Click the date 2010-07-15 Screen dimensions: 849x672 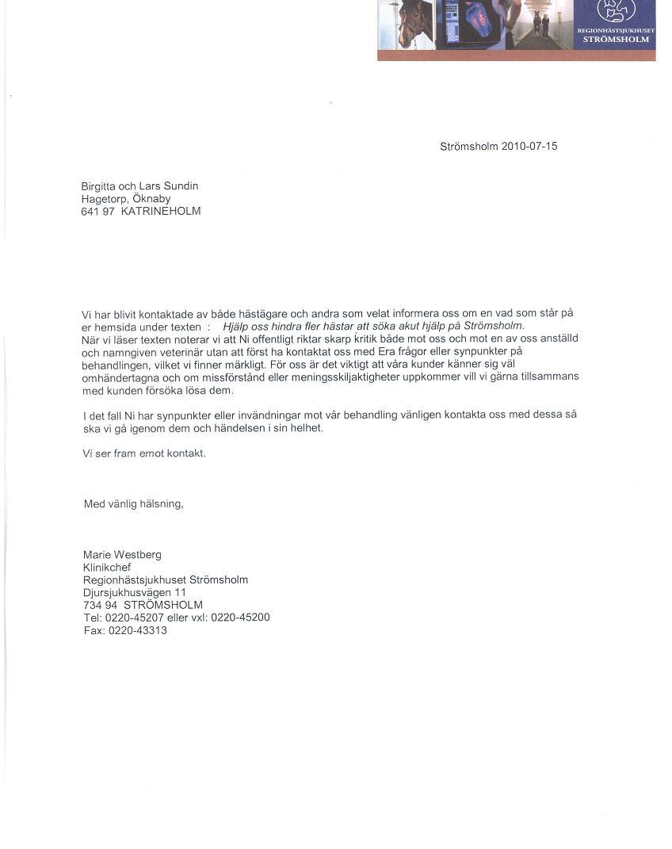coord(529,147)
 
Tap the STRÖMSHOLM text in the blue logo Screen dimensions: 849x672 coord(616,39)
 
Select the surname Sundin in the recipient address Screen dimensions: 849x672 coord(181,186)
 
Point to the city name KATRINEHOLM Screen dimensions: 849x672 coord(161,212)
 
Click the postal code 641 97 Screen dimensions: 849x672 coord(98,212)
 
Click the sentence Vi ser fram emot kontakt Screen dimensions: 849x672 coord(144,453)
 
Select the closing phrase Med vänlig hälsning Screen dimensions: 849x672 coord(134,504)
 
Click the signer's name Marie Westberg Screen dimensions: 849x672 coord(122,555)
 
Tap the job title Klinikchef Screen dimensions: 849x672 coord(107,568)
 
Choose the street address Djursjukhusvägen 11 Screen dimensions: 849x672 coord(135,592)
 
